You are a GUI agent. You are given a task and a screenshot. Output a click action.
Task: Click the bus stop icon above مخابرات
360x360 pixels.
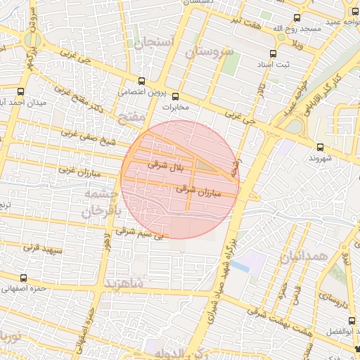coord(175,96)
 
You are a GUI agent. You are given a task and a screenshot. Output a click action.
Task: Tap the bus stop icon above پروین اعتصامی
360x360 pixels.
coord(143,81)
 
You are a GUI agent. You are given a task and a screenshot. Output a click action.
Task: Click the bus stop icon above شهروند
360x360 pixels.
coord(321,147)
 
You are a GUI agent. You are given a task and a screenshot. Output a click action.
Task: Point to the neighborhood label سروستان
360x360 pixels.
coord(207,53)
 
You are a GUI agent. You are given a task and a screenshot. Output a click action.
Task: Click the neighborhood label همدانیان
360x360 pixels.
coord(303,257)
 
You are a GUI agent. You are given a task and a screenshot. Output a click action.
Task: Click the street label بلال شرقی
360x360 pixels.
coord(166,165)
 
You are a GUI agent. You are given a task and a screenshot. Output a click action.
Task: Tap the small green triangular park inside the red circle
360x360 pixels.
coord(204,165)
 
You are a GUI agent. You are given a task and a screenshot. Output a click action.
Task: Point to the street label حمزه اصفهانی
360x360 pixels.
coord(24,288)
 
